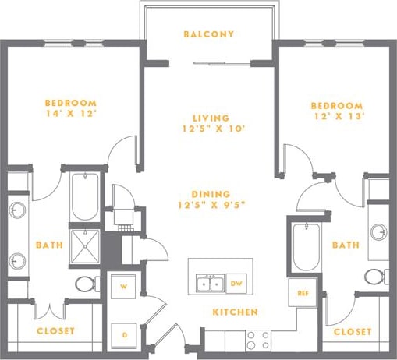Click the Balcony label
[208, 34]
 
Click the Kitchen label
[236, 312]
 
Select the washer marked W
[123, 287]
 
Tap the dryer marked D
[123, 334]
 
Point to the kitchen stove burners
[258, 339]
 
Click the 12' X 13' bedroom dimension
[336, 118]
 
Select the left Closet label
[56, 331]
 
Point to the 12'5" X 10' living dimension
[208, 129]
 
